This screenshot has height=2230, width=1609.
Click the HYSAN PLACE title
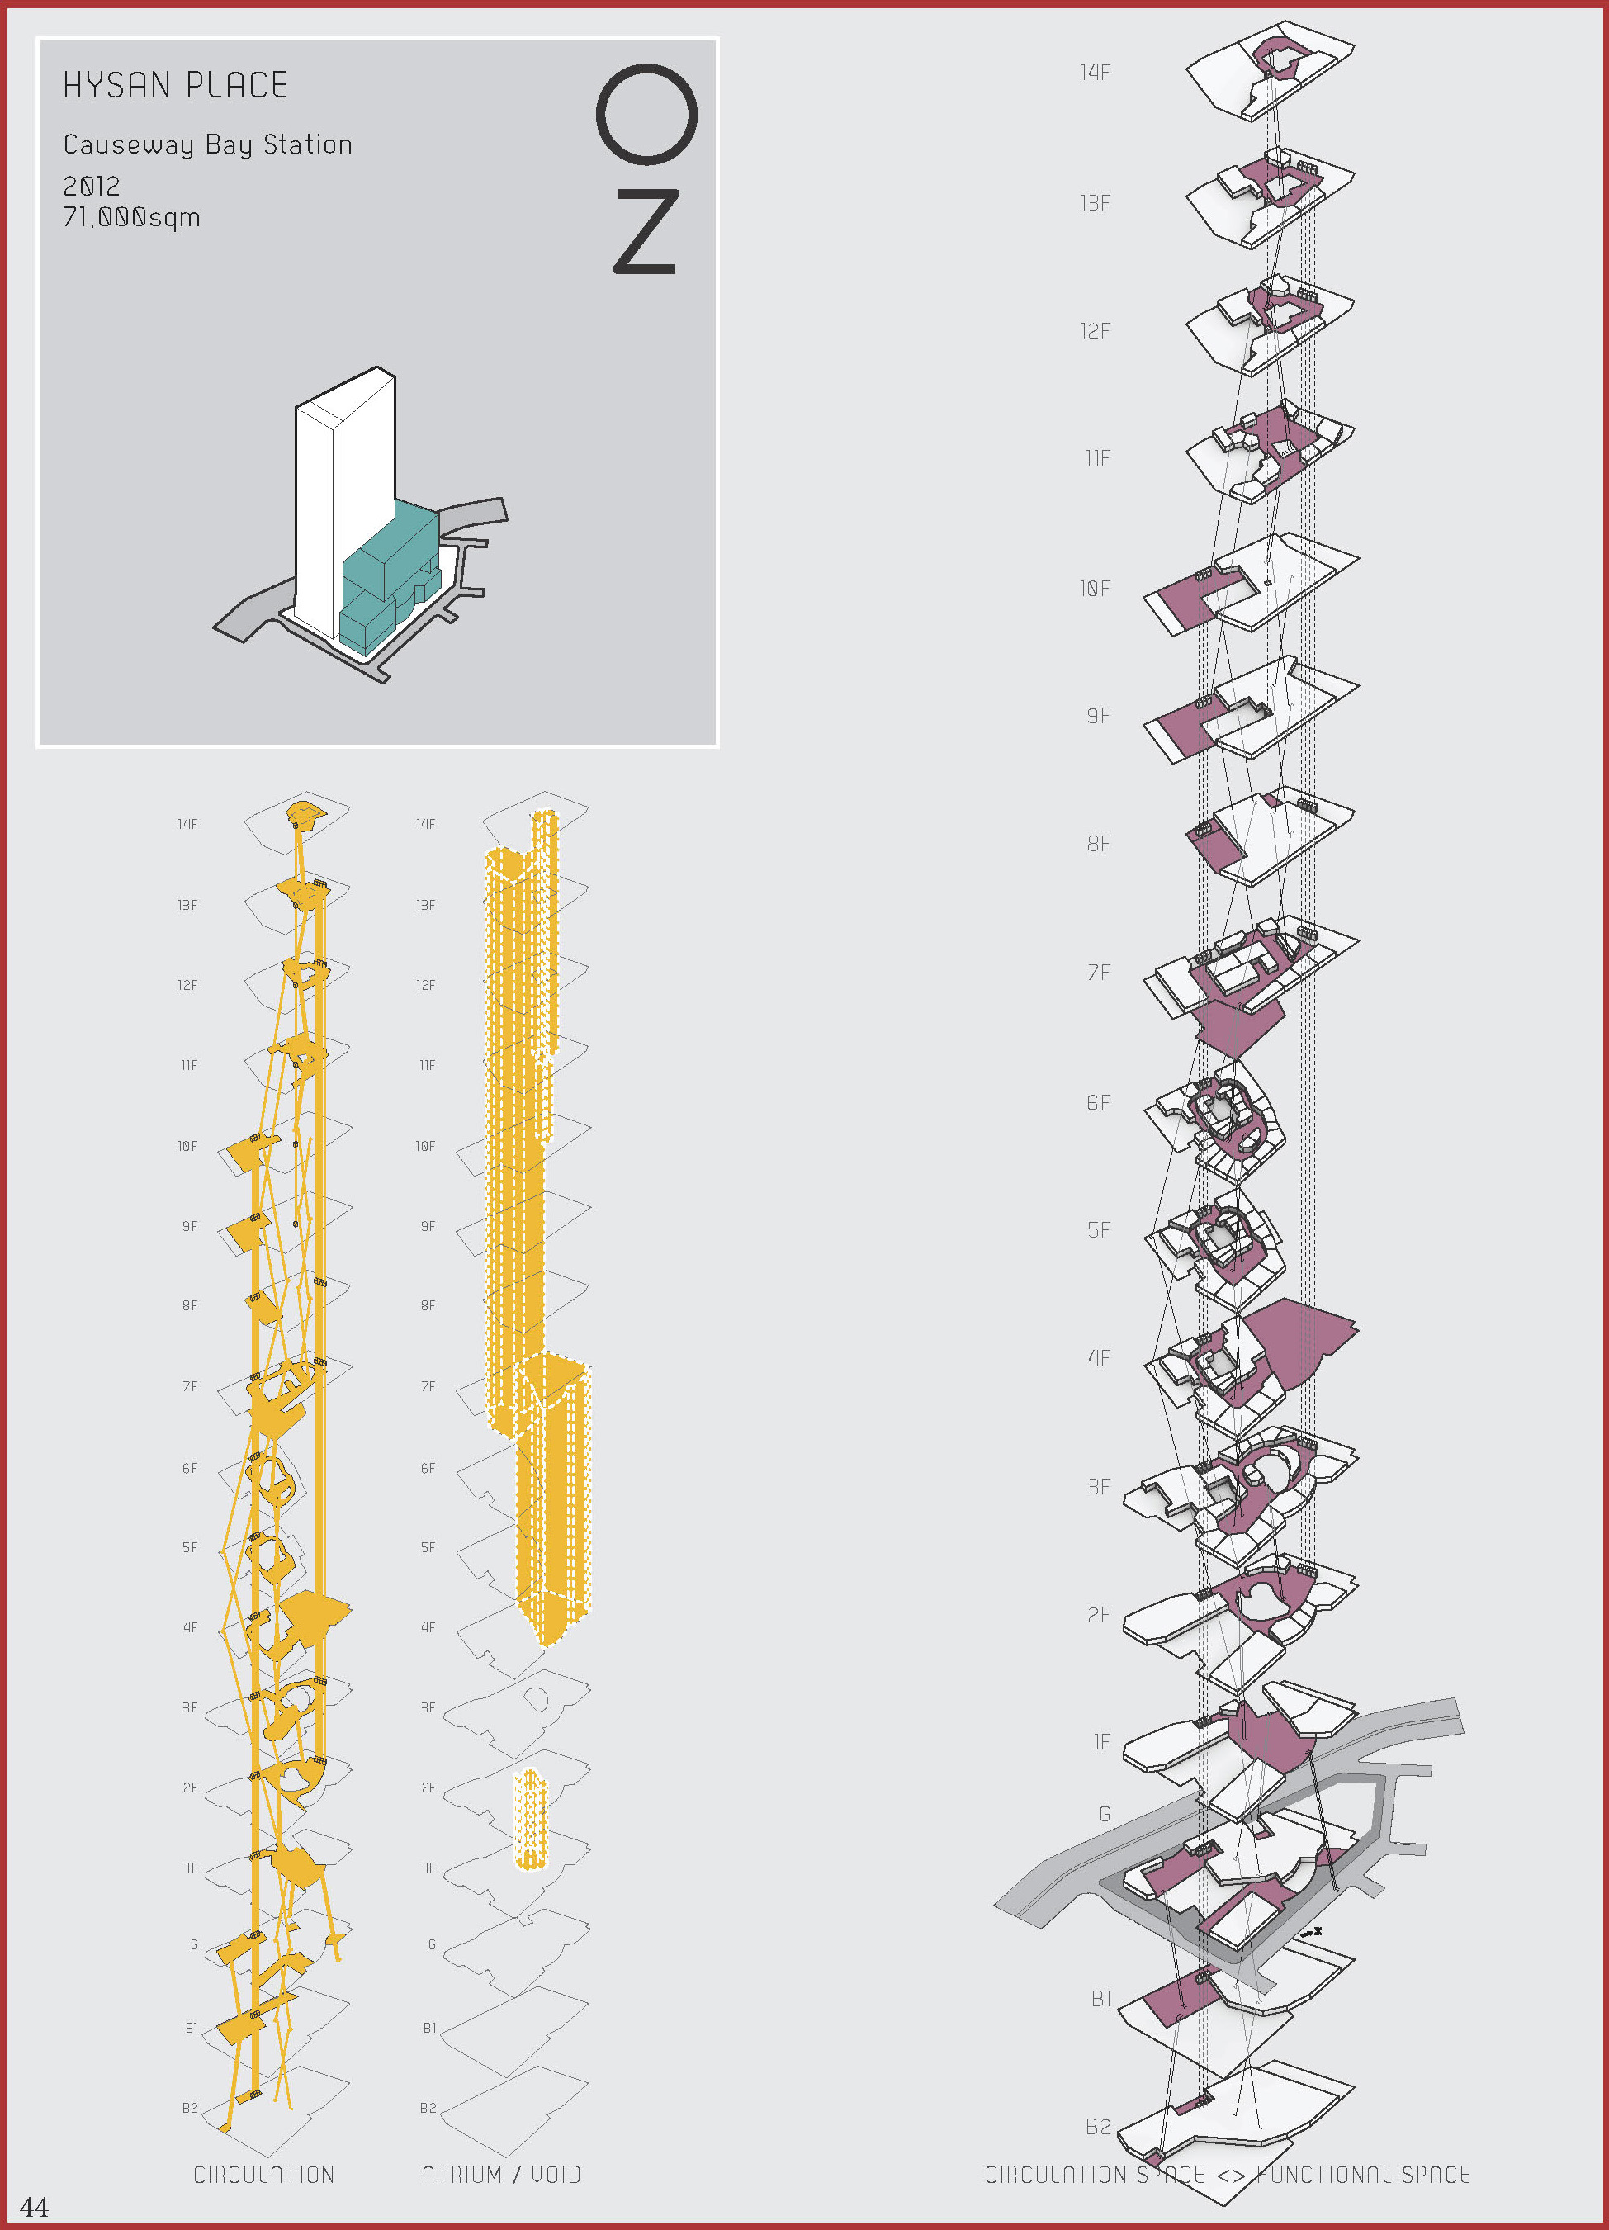click(x=176, y=86)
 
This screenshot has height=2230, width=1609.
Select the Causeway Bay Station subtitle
click(x=207, y=144)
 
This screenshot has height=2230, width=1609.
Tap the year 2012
click(x=92, y=186)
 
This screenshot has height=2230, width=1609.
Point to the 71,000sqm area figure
click(x=132, y=217)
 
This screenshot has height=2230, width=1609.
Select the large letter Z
click(x=646, y=231)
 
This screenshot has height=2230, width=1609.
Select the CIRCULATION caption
click(x=263, y=2174)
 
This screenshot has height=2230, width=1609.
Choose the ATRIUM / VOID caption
click(x=501, y=2174)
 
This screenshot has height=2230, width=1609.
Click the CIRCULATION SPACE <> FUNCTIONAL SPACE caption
click(x=1228, y=2174)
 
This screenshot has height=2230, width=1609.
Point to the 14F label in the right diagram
click(x=1095, y=73)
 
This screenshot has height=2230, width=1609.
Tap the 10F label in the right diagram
click(x=1095, y=589)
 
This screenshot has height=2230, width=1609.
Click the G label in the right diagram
click(x=1105, y=1814)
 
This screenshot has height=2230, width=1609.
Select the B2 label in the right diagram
click(x=1099, y=2127)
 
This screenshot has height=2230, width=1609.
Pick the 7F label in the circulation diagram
click(x=190, y=1386)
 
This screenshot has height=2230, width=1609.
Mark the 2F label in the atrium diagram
click(x=428, y=1787)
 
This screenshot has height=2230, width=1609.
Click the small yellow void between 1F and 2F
click(x=530, y=1819)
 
